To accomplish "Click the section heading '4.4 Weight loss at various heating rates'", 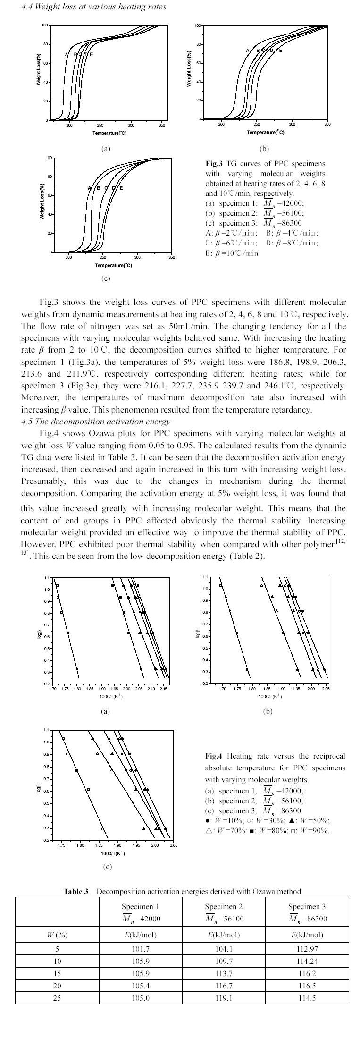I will coord(93,7).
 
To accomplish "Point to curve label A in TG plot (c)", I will coord(89,188).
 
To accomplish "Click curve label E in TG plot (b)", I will coord(281,51).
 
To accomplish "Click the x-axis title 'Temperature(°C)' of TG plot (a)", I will coord(109,133).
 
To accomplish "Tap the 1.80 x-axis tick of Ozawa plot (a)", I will coord(77,689).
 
